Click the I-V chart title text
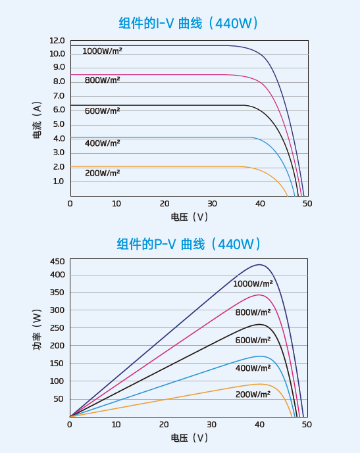[189, 24]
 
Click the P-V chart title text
[189, 245]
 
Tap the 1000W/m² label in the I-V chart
[102, 51]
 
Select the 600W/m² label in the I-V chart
[102, 111]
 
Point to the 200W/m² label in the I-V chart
[102, 173]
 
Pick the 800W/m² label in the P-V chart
[253, 312]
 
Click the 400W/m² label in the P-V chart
[253, 368]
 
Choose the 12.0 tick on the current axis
[57, 41]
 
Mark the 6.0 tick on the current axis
[59, 110]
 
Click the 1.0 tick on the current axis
[59, 181]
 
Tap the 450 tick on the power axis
[57, 261]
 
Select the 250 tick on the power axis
[57, 327]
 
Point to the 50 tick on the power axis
[59, 398]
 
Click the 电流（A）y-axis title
[38, 120]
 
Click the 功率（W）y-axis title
[38, 338]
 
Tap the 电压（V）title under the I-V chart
[189, 216]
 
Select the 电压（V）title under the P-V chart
[189, 437]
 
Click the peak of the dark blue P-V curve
[261, 265]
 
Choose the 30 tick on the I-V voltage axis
[212, 204]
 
